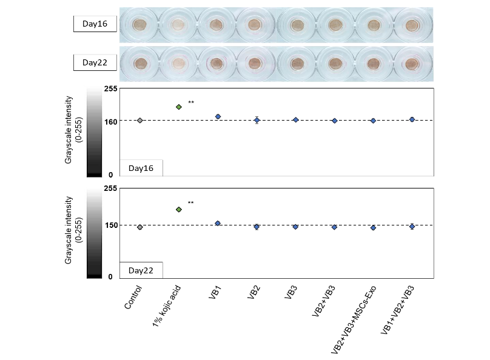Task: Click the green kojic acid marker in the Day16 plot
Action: (x=179, y=107)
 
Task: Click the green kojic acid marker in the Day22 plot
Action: (x=179, y=210)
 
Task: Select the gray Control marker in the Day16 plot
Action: (x=140, y=121)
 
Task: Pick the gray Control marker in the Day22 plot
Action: (x=140, y=227)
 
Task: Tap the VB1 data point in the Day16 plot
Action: (x=218, y=116)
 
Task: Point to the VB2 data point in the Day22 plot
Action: (x=257, y=227)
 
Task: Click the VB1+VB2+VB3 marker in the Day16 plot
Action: (x=412, y=119)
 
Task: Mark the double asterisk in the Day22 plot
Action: (x=191, y=203)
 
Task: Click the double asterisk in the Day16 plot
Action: (x=191, y=102)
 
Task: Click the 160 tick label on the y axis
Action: (x=110, y=121)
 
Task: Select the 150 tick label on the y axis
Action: (x=110, y=225)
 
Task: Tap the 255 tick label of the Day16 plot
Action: (x=110, y=88)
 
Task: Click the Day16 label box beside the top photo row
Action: (x=95, y=24)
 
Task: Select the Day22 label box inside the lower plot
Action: (x=141, y=269)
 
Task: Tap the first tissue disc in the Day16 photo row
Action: (x=140, y=25)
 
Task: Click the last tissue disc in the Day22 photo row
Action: (x=412, y=63)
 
